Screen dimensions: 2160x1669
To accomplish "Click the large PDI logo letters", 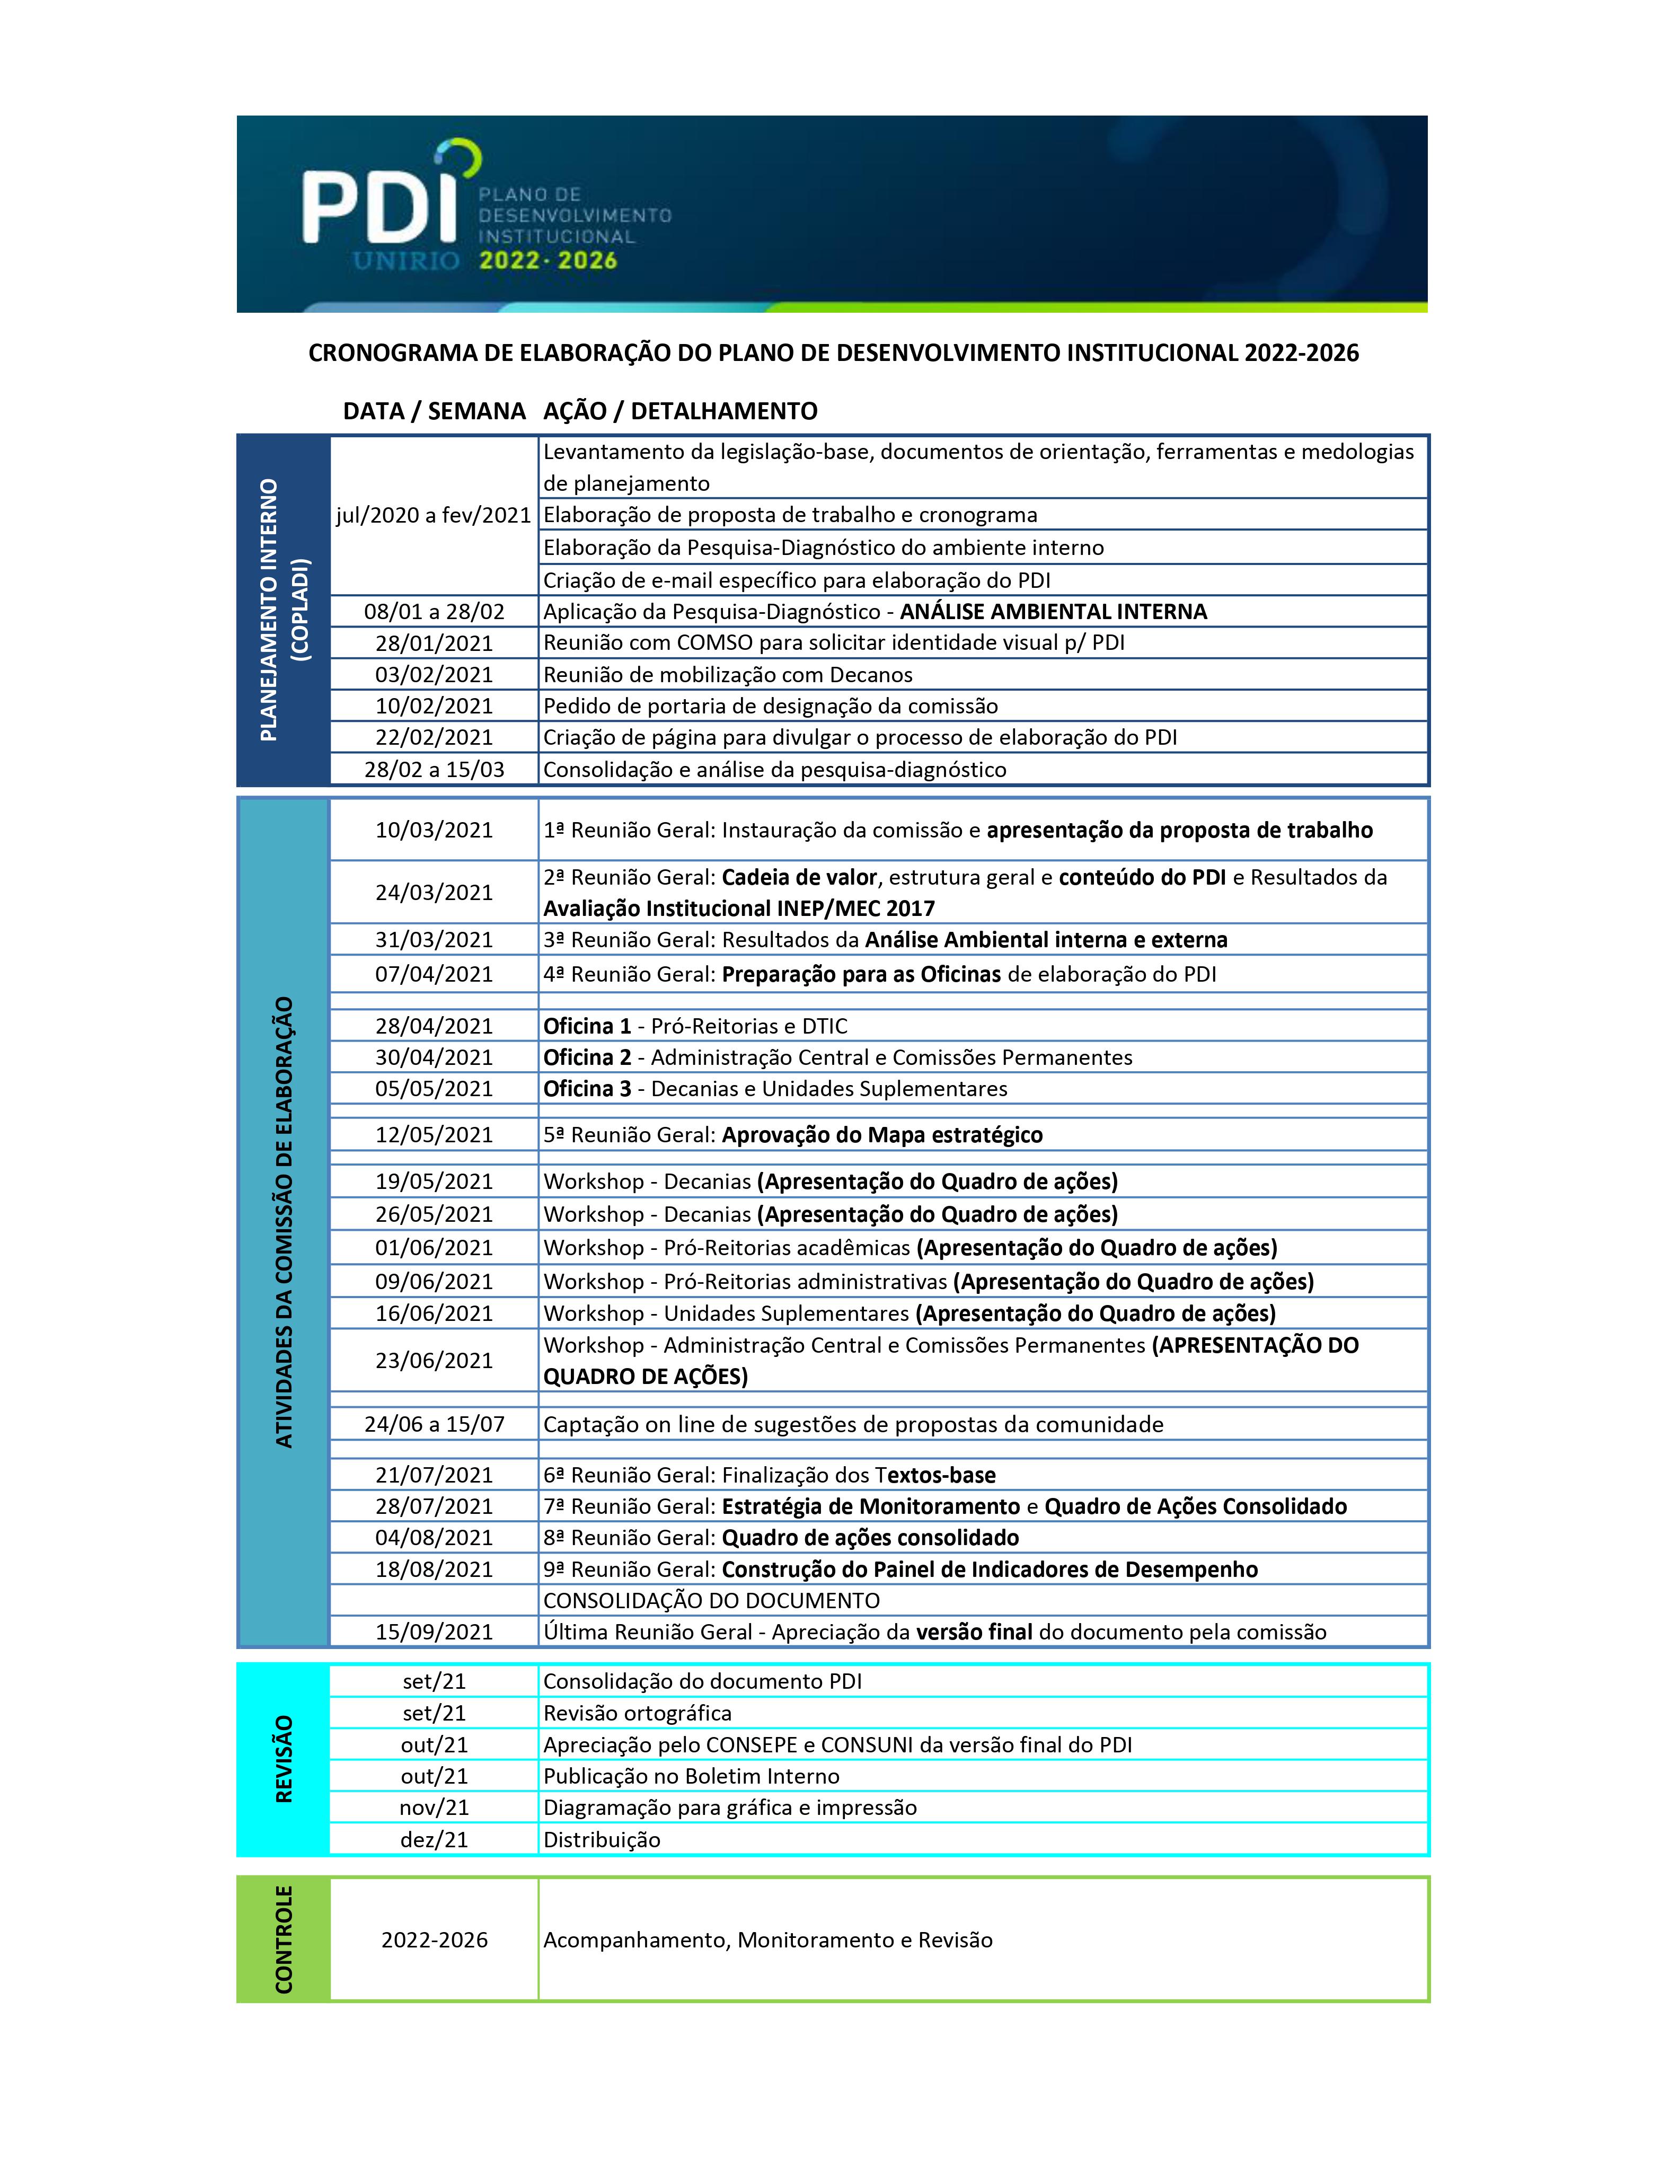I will pyautogui.click(x=378, y=206).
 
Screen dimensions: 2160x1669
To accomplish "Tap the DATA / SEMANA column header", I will pyautogui.click(x=434, y=411).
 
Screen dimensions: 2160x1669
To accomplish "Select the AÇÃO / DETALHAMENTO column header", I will pyautogui.click(x=680, y=411).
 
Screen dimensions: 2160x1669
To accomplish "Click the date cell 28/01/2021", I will pyautogui.click(x=434, y=643).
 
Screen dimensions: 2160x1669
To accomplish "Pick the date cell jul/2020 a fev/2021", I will pyautogui.click(x=434, y=515).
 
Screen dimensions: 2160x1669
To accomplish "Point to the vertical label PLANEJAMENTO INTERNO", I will pyautogui.click(x=269, y=610).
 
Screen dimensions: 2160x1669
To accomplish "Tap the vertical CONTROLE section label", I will pyautogui.click(x=284, y=1939).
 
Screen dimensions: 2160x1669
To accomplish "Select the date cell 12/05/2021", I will pyautogui.click(x=434, y=1134).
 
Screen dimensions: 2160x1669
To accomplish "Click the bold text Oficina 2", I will pyautogui.click(x=587, y=1057).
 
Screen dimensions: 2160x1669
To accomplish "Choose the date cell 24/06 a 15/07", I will pyautogui.click(x=434, y=1424).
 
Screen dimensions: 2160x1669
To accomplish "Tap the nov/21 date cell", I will pyautogui.click(x=434, y=1807).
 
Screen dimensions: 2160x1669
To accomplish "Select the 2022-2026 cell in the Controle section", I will pyautogui.click(x=434, y=1939).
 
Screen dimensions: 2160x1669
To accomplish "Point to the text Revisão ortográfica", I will pyautogui.click(x=638, y=1713).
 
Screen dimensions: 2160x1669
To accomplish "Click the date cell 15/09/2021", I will pyautogui.click(x=434, y=1632).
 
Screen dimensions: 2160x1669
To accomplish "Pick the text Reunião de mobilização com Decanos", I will pyautogui.click(x=728, y=675).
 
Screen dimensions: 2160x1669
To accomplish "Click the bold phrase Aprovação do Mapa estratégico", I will pyautogui.click(x=882, y=1134).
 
